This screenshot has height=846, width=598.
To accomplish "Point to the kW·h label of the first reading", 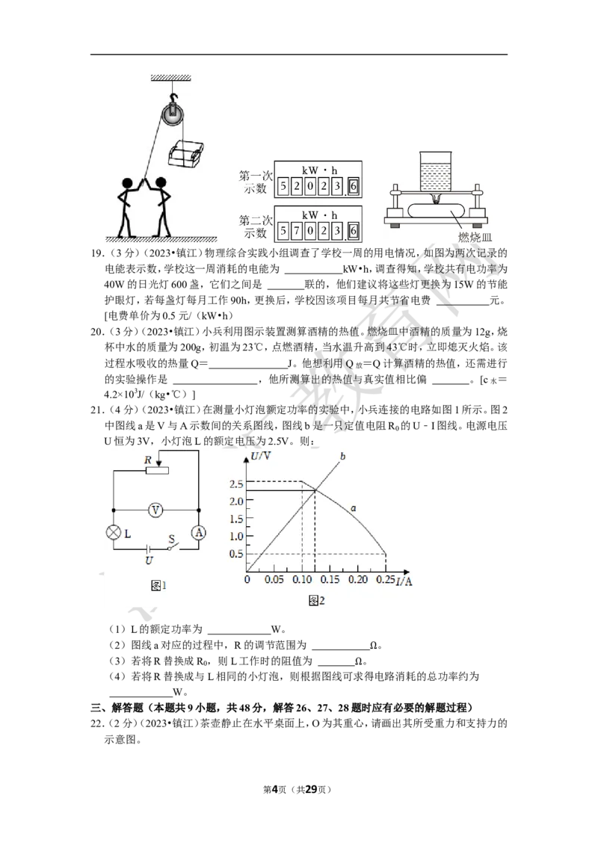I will pyautogui.click(x=319, y=169).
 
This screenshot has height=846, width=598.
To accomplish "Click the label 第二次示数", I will pyautogui.click(x=253, y=226).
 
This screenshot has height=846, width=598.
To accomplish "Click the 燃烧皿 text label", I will pyautogui.click(x=474, y=236).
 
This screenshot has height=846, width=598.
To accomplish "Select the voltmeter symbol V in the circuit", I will pyautogui.click(x=155, y=510).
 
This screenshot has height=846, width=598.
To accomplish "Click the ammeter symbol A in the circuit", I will pyautogui.click(x=198, y=532).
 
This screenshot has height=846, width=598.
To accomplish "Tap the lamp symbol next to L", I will pyautogui.click(x=114, y=532).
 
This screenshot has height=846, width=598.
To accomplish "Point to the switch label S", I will pyautogui.click(x=170, y=537).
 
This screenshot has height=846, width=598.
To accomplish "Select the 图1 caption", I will pyautogui.click(x=158, y=586).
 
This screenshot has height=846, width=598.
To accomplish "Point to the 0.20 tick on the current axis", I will pyautogui.click(x=358, y=580).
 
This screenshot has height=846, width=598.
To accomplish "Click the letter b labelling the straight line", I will pyautogui.click(x=342, y=456).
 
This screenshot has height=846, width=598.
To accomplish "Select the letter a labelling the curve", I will pyautogui.click(x=352, y=508).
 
